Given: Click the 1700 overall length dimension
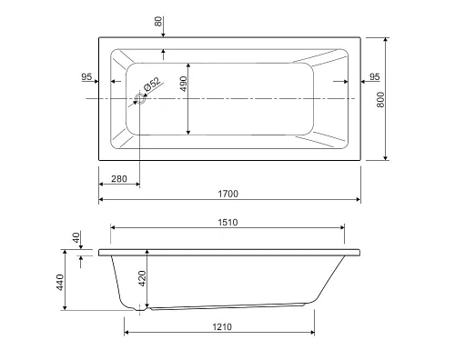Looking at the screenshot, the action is coord(228,194).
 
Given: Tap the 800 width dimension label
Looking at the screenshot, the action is coord(380,100).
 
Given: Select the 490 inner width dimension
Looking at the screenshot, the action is coord(184,84).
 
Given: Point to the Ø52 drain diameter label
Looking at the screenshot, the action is coord(152,85).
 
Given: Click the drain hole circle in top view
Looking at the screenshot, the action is coord(140,99).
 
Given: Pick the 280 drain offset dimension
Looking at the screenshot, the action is coord(119,179).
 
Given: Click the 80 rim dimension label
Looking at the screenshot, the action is coord(158,22).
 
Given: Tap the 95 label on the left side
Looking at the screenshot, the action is coord(86,76).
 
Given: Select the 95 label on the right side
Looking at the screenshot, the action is coord(375,76).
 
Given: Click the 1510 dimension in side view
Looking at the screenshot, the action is coord(227,223).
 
